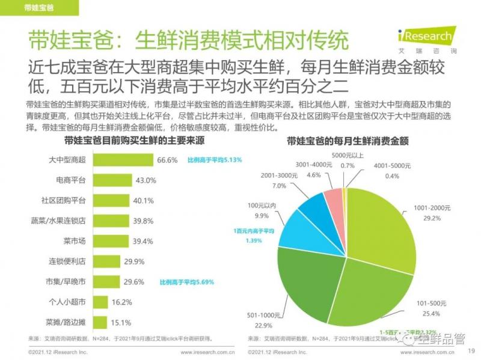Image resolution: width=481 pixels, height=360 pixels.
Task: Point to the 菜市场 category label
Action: pos(75,241)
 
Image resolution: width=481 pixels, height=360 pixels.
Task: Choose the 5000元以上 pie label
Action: pos(351,156)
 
